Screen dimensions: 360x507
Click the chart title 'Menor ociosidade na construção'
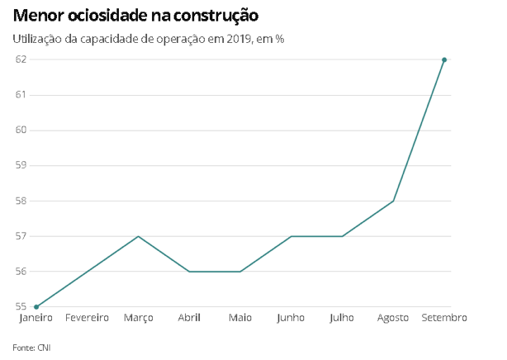coord(135,16)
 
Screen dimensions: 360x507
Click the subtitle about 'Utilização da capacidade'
coord(149,39)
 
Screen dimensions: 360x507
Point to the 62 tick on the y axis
coord(21,59)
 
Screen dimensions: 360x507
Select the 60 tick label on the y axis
coord(21,130)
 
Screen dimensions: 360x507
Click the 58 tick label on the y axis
coord(21,201)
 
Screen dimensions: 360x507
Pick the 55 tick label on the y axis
coord(21,306)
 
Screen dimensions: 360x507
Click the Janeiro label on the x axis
coord(36,318)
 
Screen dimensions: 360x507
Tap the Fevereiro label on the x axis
coord(87,318)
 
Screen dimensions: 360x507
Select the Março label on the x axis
coord(138,318)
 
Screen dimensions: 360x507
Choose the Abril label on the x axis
coord(189,318)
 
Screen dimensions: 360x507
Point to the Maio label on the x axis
coord(240,318)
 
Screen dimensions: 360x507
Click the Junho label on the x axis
coord(291,318)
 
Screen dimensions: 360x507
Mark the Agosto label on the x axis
coord(393,318)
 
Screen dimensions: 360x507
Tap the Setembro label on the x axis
coord(444,318)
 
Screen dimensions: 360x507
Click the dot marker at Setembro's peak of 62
coord(444,59)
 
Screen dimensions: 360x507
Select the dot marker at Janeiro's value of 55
coord(36,306)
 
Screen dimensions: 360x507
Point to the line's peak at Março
coord(138,236)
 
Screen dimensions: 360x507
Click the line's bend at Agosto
coord(393,201)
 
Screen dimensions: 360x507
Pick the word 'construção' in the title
coord(216,16)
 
